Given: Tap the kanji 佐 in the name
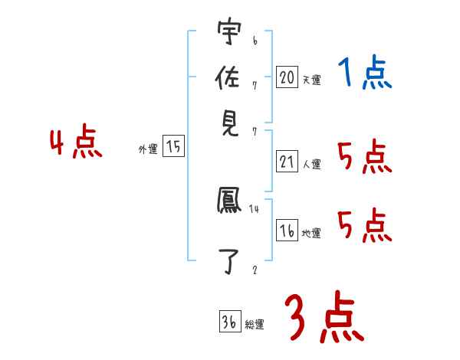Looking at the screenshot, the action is (x=228, y=79).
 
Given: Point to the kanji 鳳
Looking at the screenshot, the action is (x=228, y=202).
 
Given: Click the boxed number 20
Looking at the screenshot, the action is (x=287, y=77).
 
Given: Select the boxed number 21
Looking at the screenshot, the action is (x=287, y=162).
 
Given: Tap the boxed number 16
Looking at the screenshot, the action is (x=287, y=231).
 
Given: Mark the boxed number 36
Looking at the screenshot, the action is (x=229, y=322).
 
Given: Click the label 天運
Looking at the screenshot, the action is (x=310, y=80).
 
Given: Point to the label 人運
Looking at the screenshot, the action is (x=311, y=164).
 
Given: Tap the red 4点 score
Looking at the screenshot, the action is (x=75, y=143).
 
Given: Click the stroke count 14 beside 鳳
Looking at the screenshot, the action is (x=255, y=208).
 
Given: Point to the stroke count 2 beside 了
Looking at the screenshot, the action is (x=255, y=270).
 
